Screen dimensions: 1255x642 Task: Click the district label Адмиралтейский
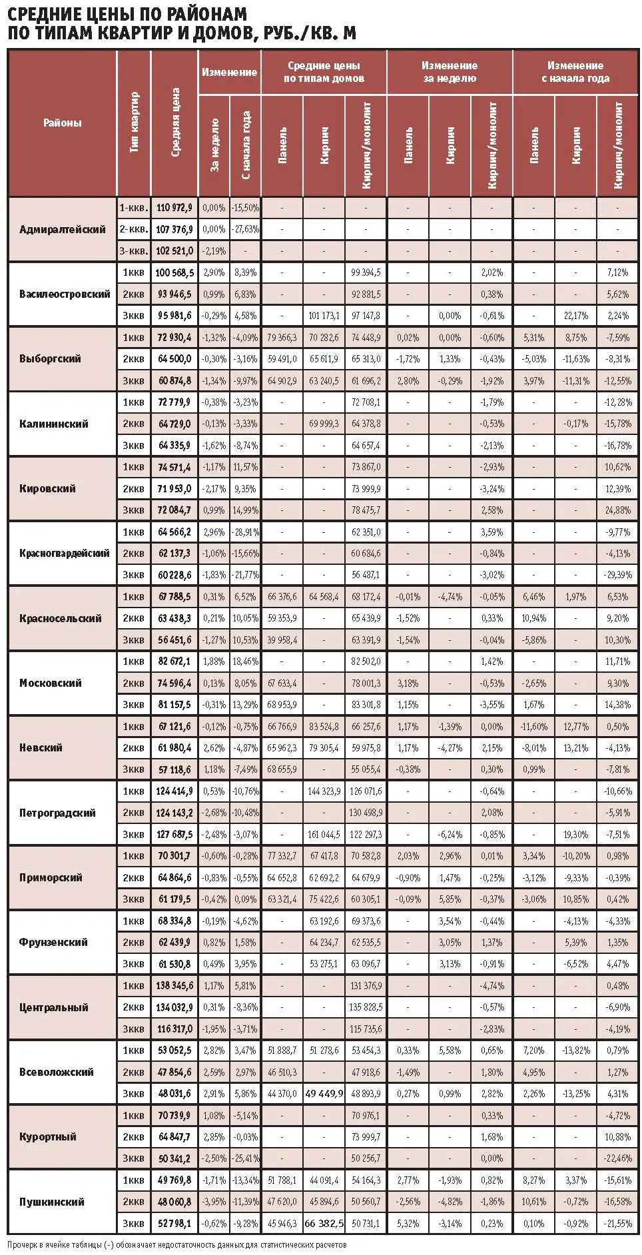63,229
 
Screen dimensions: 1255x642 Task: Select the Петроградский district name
57,813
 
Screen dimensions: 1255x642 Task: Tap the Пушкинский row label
52,1202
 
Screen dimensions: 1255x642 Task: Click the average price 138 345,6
175,985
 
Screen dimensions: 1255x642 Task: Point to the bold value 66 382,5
324,1224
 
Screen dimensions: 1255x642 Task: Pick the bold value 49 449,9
324,1094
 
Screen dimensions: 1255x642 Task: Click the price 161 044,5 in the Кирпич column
324,834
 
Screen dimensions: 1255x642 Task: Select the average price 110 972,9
175,208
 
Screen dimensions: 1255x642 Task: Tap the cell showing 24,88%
617,510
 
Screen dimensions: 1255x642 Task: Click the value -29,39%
617,575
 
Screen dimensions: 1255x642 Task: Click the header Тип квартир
134,123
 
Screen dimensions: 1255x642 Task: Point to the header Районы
63,123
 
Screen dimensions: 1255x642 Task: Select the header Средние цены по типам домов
324,72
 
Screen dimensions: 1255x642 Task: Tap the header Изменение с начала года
575,72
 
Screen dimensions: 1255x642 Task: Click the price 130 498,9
366,813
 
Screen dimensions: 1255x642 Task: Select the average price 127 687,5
175,834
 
